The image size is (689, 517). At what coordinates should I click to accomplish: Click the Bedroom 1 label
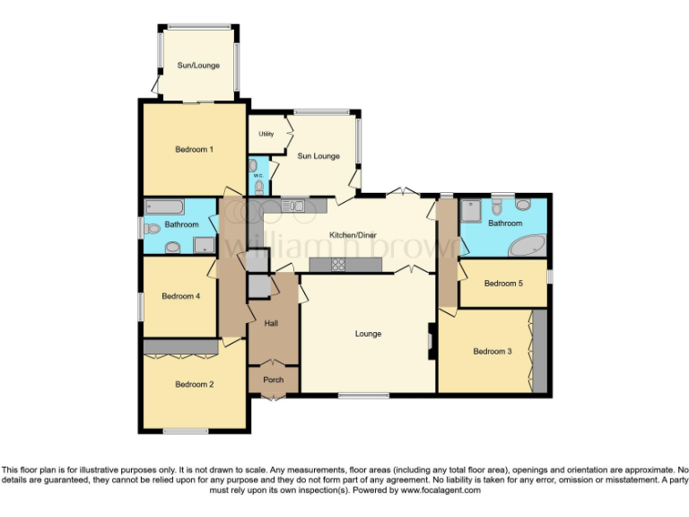(194, 149)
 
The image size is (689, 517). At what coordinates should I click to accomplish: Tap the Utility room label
(266, 135)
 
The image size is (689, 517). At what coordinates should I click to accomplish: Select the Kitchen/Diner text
(353, 235)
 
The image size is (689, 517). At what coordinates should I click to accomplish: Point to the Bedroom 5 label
(502, 284)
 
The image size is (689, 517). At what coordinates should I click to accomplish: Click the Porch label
(273, 380)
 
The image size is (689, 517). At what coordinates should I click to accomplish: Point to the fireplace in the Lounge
(432, 342)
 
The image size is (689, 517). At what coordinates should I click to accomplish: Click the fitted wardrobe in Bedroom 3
(538, 351)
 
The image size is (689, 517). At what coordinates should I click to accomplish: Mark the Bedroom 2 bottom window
(186, 432)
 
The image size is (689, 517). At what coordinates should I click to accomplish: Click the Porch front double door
(273, 395)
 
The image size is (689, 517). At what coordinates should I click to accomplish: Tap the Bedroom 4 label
(181, 295)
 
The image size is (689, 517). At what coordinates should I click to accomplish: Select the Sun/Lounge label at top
(196, 66)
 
